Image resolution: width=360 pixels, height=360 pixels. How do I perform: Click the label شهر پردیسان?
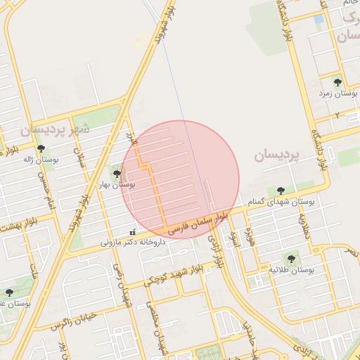(56, 129)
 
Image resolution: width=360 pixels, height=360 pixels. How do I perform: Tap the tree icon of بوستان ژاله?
(41, 148)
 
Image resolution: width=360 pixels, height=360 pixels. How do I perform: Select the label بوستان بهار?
(117, 184)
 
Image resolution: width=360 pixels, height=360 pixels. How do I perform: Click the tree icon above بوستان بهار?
(116, 173)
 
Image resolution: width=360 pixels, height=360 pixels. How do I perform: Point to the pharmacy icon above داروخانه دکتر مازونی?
(132, 232)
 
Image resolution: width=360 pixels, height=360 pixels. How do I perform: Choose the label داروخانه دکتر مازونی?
(132, 242)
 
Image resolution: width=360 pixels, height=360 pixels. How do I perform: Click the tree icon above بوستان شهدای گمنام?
(281, 190)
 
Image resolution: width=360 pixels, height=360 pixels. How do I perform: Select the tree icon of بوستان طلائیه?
(290, 257)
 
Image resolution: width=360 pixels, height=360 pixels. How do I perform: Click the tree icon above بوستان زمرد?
(337, 82)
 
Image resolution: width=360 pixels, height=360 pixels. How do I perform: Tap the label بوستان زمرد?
(334, 93)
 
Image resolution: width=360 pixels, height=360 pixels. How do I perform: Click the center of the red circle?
(180, 179)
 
